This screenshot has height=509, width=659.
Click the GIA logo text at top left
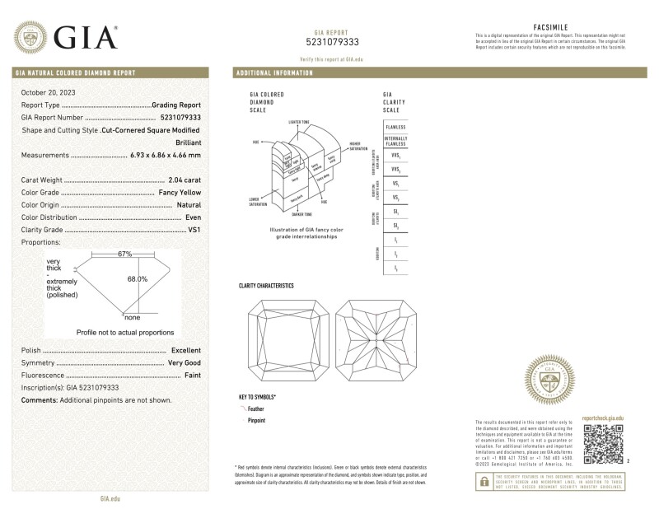(x=86, y=36)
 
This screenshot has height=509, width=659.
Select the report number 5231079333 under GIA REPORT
(x=332, y=42)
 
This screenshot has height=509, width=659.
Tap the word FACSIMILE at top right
(x=547, y=27)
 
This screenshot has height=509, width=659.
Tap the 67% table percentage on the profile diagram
(x=124, y=254)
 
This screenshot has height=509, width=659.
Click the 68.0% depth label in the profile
(x=137, y=279)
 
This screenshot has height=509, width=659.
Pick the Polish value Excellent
(x=185, y=350)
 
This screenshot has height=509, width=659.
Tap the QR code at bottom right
(x=601, y=445)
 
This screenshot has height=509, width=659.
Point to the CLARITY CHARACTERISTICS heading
(x=265, y=286)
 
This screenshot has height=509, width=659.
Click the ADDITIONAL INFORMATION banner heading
(x=275, y=73)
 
